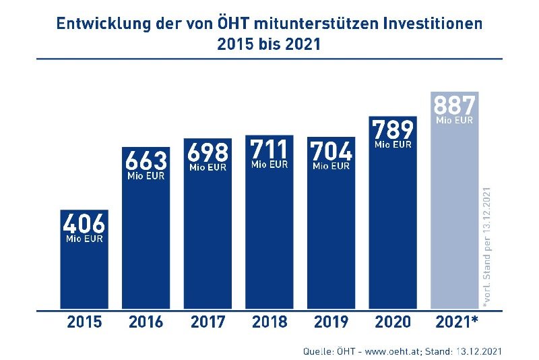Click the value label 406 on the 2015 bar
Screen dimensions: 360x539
click(x=84, y=223)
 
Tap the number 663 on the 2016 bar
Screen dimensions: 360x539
click(x=146, y=161)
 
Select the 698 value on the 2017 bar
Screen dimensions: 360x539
click(x=208, y=152)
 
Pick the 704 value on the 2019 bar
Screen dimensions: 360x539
click(x=331, y=150)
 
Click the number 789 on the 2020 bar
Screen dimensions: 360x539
click(x=393, y=128)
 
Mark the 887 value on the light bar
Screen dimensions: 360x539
click(x=454, y=106)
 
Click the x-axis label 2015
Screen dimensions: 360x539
click(x=84, y=322)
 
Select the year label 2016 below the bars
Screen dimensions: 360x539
click(x=146, y=322)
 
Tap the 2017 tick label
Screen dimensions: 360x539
click(x=208, y=322)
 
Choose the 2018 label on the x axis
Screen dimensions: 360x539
click(x=269, y=322)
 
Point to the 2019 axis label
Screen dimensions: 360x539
click(x=331, y=322)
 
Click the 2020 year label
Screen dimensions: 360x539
click(x=393, y=322)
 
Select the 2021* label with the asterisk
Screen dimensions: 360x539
click(x=456, y=322)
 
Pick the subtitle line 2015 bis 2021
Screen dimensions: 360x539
click(x=269, y=45)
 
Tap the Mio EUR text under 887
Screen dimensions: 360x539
click(x=455, y=121)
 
